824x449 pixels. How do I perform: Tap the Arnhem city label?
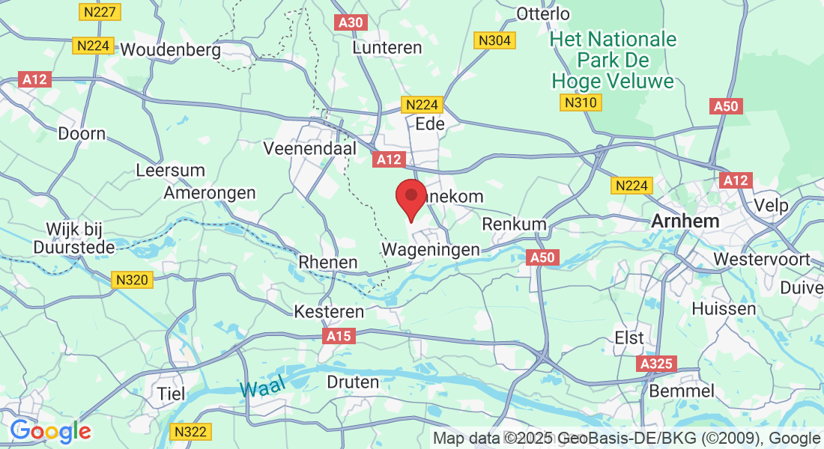(x=685, y=222)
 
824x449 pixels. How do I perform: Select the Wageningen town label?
(x=431, y=248)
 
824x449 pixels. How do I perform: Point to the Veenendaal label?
(x=309, y=149)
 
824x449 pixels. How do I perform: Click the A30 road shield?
(x=350, y=22)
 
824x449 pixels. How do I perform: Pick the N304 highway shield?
(x=496, y=40)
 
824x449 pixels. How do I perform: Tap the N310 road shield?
(x=581, y=103)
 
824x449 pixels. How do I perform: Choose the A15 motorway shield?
(x=339, y=337)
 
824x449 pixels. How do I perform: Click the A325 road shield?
(x=658, y=364)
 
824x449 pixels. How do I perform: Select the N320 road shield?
(x=133, y=280)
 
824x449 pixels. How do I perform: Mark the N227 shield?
(x=97, y=12)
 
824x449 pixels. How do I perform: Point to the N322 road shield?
(x=191, y=432)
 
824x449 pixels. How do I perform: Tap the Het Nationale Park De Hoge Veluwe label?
(x=613, y=60)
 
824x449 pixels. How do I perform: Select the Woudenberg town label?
(x=171, y=50)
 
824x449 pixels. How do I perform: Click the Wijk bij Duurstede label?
(x=74, y=237)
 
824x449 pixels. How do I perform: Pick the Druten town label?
(x=354, y=382)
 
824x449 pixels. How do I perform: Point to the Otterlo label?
(x=543, y=13)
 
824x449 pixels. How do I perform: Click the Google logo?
(x=50, y=431)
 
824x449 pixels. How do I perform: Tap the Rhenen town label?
(x=328, y=263)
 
